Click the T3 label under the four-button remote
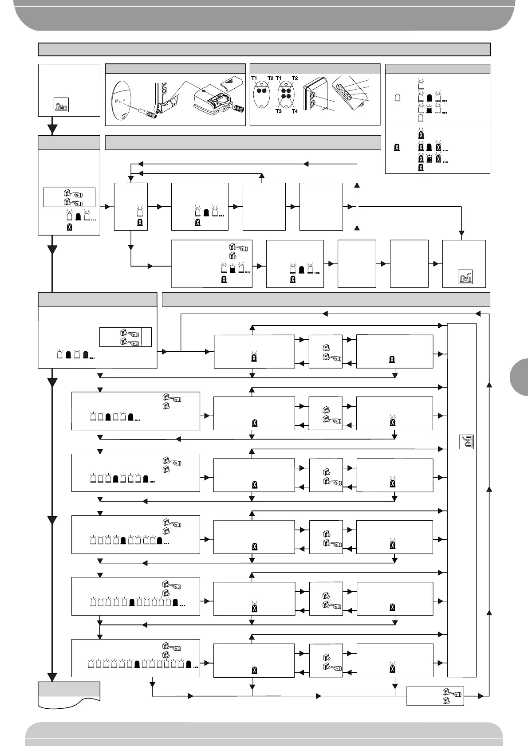pos(279,111)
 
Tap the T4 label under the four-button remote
pos(294,111)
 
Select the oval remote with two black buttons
pos(261,90)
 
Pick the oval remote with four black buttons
pos(286,93)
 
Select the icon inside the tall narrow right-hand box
pos(466,442)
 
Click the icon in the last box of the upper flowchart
pos(465,276)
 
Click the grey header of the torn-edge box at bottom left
pos(69,689)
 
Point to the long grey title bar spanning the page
pos(264,49)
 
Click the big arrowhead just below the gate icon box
pos(53,129)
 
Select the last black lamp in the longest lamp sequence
pos(189,664)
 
